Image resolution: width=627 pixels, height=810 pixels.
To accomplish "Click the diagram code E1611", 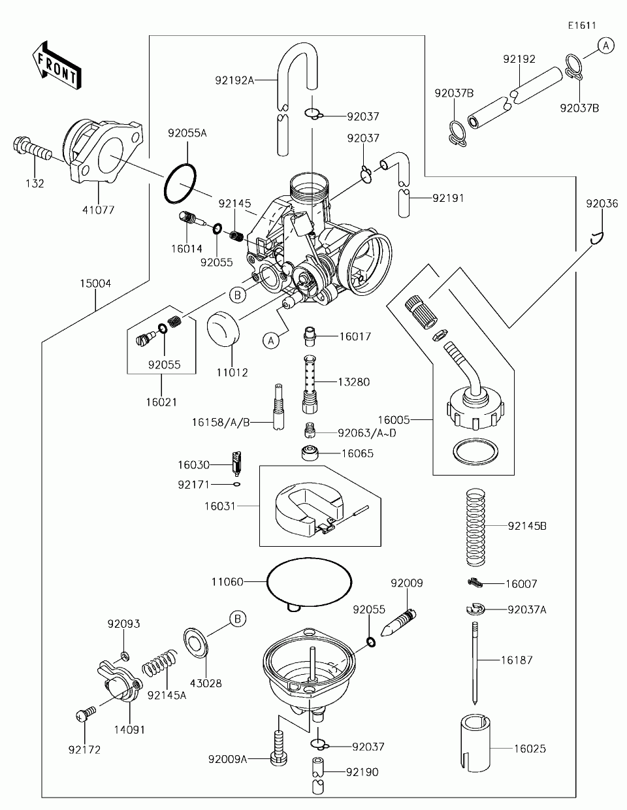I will coord(581,26).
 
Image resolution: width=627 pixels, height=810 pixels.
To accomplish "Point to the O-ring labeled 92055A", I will coord(180,184).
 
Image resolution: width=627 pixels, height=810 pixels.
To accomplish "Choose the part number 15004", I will coord(95,283).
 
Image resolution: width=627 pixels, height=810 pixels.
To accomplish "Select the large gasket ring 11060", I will coord(309,580).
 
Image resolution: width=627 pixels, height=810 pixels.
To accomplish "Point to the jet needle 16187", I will coord(477,663).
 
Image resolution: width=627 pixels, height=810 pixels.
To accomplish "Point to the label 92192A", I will coord(234,81).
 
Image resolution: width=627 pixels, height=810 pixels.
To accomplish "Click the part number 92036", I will coord(602,204).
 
